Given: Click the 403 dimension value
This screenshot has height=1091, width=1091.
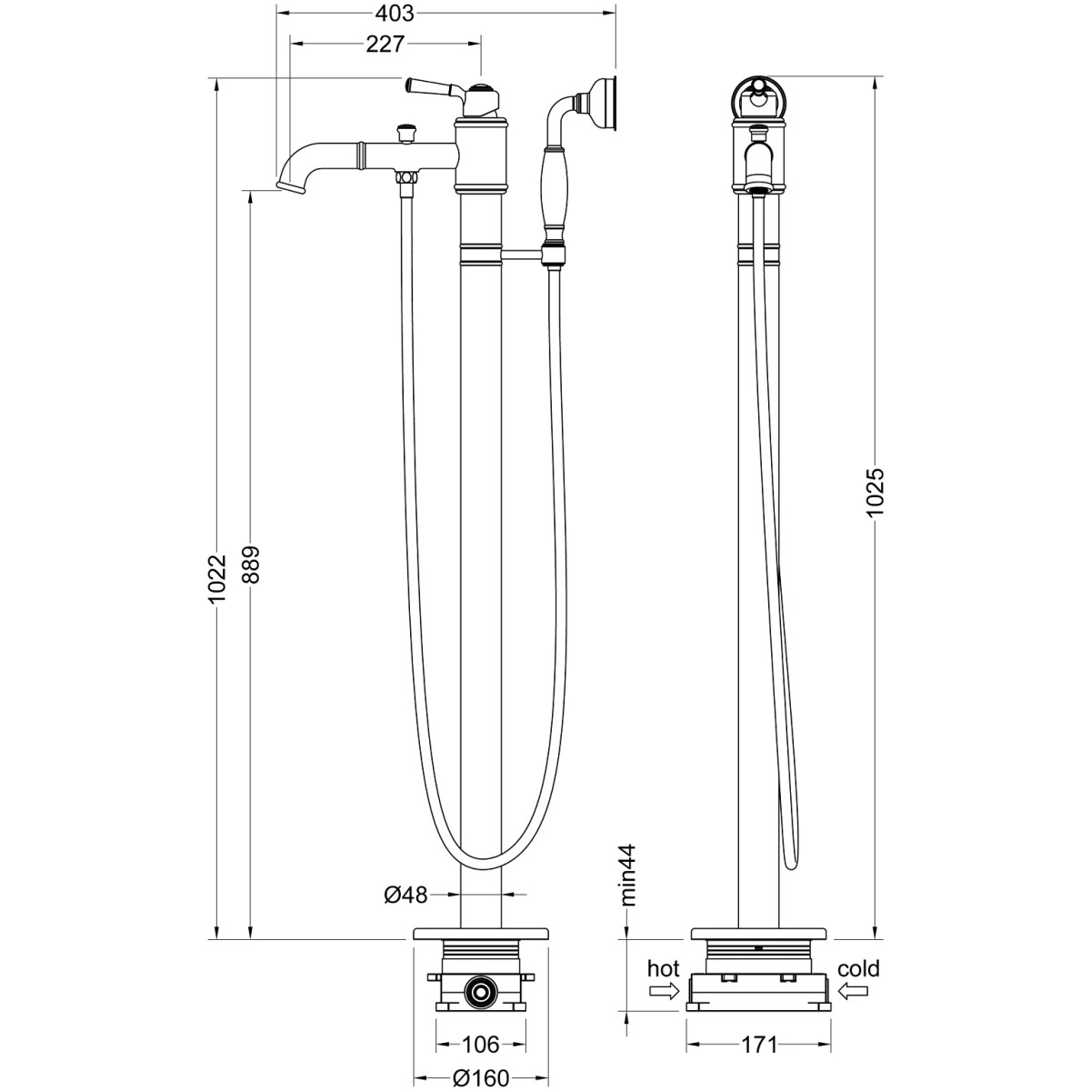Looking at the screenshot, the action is (395, 13).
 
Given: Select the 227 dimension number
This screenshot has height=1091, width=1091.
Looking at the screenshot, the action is (385, 45).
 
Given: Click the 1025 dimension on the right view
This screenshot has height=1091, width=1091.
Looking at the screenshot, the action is (875, 492).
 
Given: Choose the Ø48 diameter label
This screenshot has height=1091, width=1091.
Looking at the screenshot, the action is (405, 896).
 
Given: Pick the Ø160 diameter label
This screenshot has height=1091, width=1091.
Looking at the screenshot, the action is (481, 1078).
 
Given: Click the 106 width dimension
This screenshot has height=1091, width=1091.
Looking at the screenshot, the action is (481, 1044).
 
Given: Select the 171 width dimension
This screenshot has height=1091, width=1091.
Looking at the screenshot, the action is (760, 1045).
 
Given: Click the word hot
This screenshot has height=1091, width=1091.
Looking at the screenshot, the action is (663, 968).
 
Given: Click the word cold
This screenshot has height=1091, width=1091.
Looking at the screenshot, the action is (858, 968).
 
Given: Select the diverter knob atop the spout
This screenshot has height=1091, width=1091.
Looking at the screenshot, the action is (405, 133).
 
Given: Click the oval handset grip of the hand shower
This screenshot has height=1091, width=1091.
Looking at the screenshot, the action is (555, 187).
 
